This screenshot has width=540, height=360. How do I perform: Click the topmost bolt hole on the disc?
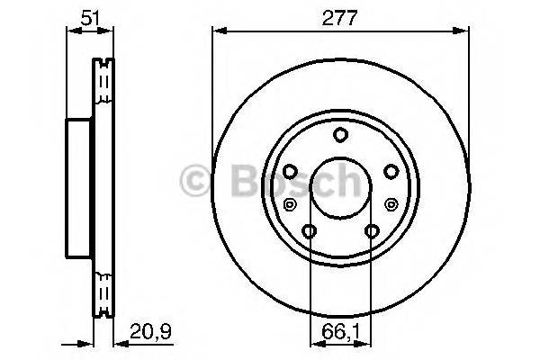(x=341, y=135)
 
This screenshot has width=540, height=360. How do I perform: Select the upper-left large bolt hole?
(x=290, y=172)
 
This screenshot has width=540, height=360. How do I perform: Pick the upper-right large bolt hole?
(x=391, y=172)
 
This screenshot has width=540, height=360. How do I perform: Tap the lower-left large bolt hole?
(x=310, y=232)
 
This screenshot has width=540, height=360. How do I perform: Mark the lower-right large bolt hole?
(x=373, y=232)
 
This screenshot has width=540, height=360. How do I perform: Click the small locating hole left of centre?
(x=289, y=205)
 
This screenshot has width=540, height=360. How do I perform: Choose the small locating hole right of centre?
(x=393, y=205)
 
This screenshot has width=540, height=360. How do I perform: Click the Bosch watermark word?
(x=289, y=183)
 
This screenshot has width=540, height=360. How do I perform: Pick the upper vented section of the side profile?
(x=104, y=90)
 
